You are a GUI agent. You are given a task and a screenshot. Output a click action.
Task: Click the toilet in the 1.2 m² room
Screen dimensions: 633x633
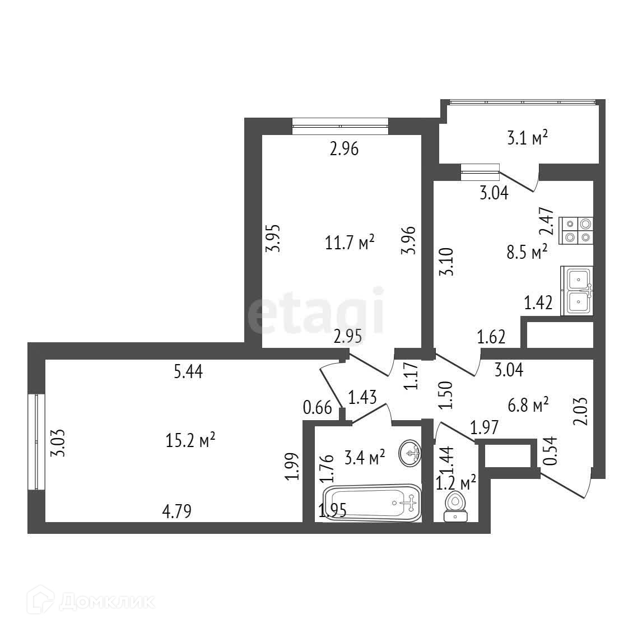[x=455, y=506]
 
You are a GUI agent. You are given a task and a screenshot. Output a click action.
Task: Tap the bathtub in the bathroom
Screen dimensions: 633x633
[x=372, y=504]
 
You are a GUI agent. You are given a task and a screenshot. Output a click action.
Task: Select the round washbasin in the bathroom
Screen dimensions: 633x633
[x=411, y=453]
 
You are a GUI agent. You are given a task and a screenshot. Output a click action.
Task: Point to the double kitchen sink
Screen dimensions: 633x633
[x=578, y=291]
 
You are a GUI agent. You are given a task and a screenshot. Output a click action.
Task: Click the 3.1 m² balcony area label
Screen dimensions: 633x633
[x=527, y=138]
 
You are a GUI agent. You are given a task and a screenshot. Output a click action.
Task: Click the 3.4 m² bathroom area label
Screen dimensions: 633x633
[x=365, y=458]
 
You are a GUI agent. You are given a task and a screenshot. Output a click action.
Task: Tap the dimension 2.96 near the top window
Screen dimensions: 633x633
[x=343, y=149]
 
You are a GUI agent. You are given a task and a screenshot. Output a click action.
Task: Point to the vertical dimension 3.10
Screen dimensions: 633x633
[x=446, y=262]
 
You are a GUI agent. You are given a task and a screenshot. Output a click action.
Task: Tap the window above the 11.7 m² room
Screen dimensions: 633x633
[x=340, y=126]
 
